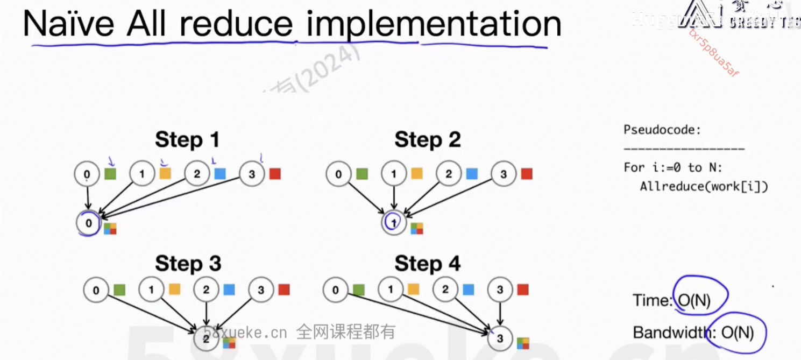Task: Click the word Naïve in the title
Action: pyautogui.click(x=68, y=24)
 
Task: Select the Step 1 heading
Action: pyautogui.click(x=187, y=140)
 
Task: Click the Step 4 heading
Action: pyautogui.click(x=427, y=264)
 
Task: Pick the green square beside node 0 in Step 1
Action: pyautogui.click(x=110, y=174)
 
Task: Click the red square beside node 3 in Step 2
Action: pyautogui.click(x=527, y=174)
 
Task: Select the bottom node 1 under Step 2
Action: pyautogui.click(x=394, y=223)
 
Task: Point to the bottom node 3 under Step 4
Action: pyautogui.click(x=500, y=338)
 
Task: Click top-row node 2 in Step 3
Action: pyautogui.click(x=206, y=290)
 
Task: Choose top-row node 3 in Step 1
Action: pyautogui.click(x=252, y=174)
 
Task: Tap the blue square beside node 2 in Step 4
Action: pyautogui.click(x=469, y=290)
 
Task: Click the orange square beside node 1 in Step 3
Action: pyautogui.click(x=174, y=290)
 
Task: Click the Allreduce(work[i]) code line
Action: pyautogui.click(x=704, y=186)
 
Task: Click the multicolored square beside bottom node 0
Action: pyautogui.click(x=110, y=229)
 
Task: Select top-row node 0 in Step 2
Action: pyautogui.click(x=338, y=174)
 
